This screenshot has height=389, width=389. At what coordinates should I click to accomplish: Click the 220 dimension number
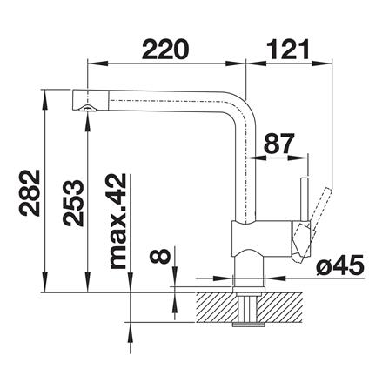coord(165,49)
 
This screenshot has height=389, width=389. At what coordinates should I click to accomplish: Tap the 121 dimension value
coord(288,49)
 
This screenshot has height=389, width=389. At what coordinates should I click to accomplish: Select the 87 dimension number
coord(279,144)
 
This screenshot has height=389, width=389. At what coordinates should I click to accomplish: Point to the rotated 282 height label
coord(30,193)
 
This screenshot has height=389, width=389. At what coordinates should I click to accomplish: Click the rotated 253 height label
coord(73,203)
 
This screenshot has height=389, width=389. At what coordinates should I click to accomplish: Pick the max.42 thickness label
coord(117,222)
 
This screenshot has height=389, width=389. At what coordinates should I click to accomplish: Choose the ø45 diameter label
coord(340,265)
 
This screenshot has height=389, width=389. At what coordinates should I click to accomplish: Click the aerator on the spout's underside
coord(88,108)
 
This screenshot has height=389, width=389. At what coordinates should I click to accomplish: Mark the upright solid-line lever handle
coord(305,200)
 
